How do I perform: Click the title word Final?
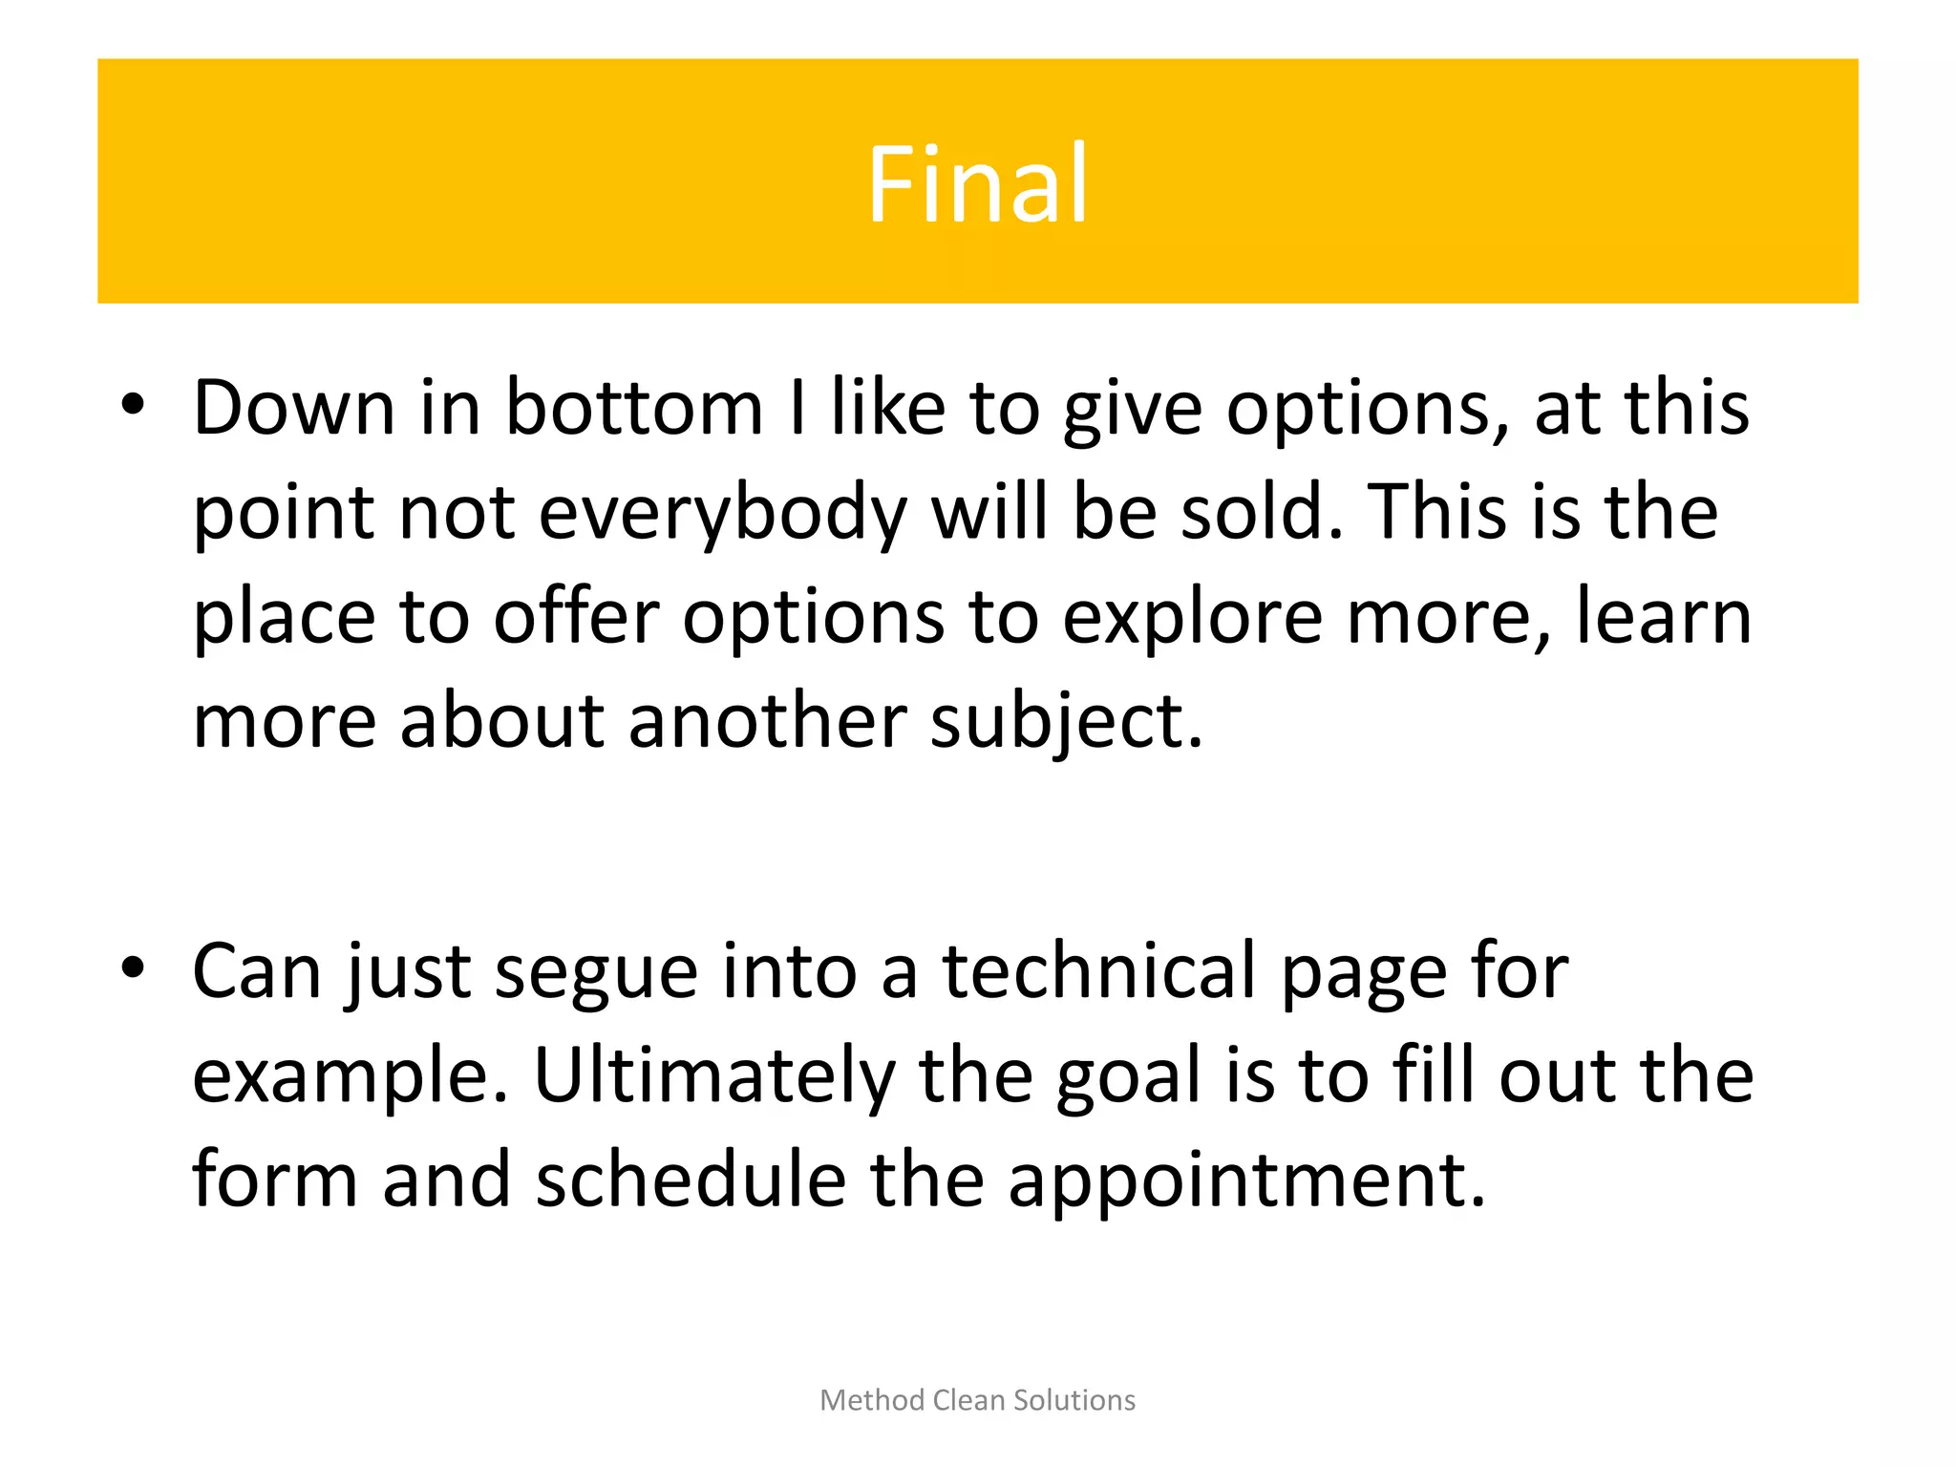point(977,183)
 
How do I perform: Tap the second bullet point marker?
point(133,967)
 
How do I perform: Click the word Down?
point(294,409)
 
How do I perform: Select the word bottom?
point(633,409)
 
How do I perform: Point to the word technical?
point(1098,971)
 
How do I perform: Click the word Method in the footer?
point(872,1400)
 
